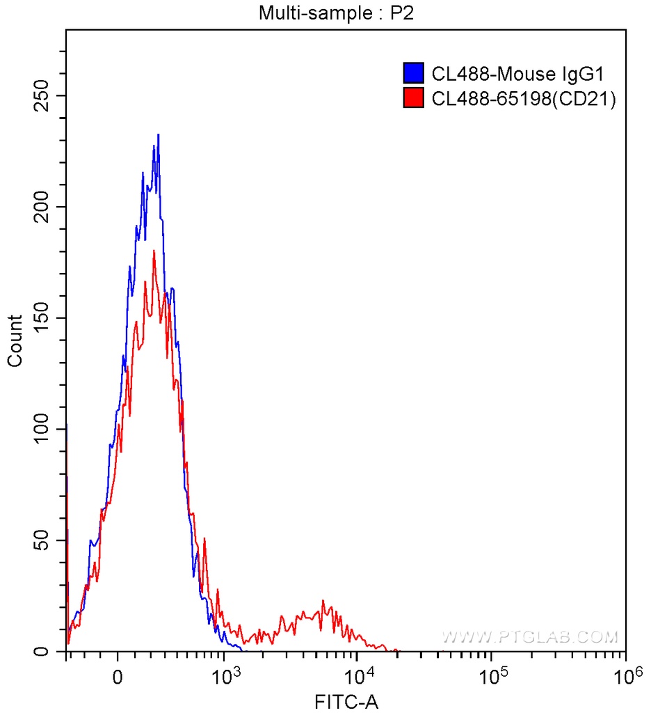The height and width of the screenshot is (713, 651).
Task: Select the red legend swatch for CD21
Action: [x=414, y=99]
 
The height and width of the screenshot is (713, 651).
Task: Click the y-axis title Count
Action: [x=15, y=340]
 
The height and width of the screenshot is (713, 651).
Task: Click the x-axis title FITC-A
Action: [x=346, y=702]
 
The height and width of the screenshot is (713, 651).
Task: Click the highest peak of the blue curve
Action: [x=159, y=135]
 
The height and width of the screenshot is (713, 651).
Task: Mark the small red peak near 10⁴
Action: [x=323, y=601]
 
